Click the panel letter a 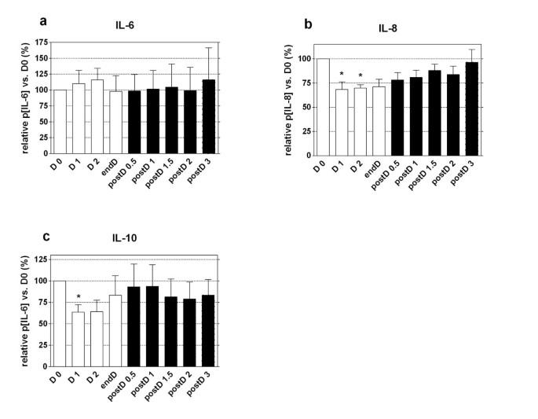45,21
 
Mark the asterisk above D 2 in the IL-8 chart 360,76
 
